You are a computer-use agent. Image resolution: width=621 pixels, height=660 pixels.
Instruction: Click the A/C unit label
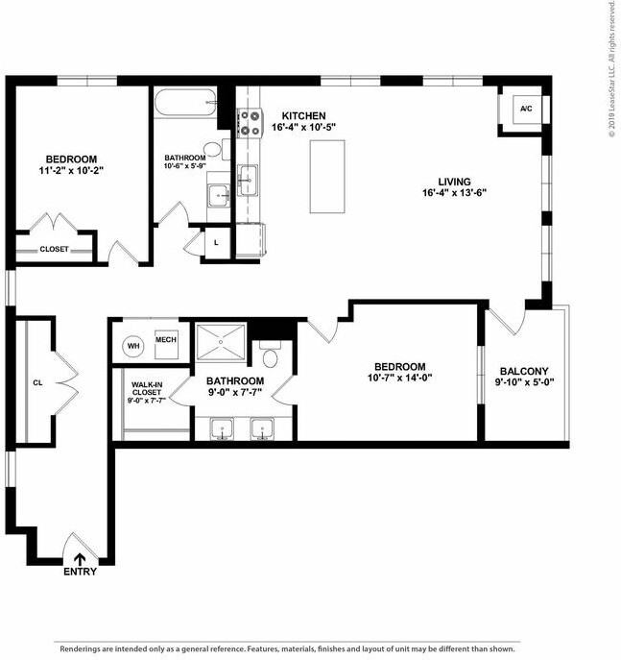[526, 109]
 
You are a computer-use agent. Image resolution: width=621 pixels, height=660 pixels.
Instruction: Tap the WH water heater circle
[133, 345]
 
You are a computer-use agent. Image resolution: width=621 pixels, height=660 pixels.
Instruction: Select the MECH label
[165, 339]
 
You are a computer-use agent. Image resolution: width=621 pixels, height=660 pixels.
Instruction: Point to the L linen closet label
[216, 242]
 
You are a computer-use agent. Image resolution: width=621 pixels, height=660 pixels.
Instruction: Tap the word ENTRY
[80, 572]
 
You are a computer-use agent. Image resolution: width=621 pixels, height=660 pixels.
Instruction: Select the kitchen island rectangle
[327, 177]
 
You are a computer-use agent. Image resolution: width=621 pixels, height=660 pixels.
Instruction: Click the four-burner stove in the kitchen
[250, 121]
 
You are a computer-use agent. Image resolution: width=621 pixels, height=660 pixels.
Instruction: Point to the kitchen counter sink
[248, 179]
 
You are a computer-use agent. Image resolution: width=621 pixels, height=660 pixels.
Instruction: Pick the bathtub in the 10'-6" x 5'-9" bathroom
[186, 103]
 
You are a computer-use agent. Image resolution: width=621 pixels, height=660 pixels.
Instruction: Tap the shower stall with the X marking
[221, 339]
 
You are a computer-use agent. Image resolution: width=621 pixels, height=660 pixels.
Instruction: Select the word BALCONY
[523, 372]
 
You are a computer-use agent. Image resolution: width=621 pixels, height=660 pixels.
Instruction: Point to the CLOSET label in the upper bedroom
[54, 249]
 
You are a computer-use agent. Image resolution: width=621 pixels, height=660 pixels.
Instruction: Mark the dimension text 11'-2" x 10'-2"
[71, 170]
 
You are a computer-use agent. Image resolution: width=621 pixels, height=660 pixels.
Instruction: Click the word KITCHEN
[303, 115]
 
